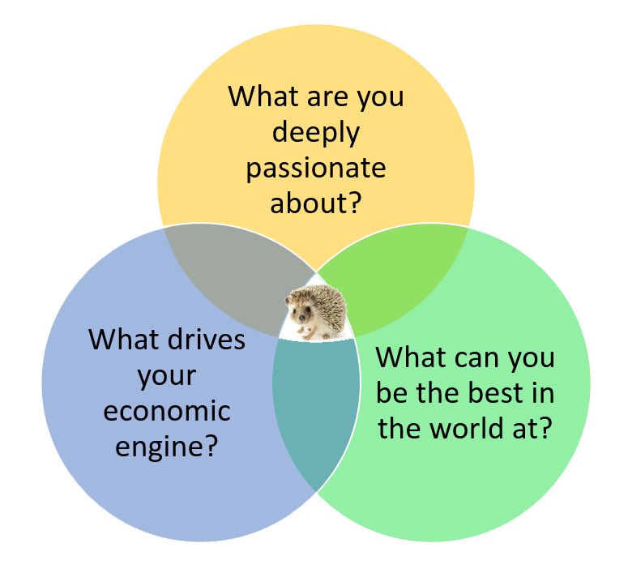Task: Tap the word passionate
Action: coord(316,169)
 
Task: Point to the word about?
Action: coord(316,203)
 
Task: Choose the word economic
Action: coord(167,410)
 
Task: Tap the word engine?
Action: coord(167,445)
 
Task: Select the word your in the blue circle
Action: coord(167,374)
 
